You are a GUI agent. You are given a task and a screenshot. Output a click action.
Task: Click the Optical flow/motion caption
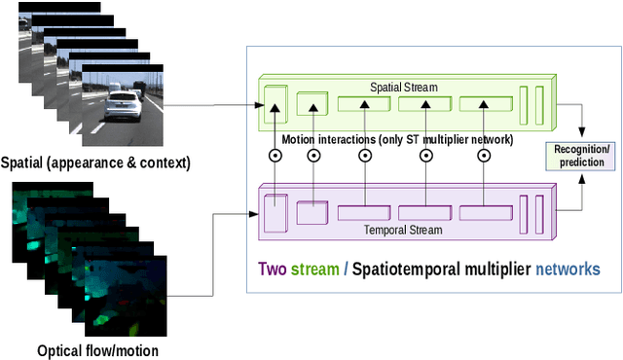pos(96,350)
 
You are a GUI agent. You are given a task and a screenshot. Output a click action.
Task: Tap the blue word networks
pos(568,269)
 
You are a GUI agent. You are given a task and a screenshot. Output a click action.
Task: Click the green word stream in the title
pos(314,269)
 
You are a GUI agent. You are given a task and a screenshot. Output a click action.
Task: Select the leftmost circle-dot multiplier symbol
pos(276,155)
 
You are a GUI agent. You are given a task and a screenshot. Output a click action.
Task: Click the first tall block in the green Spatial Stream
pos(277,104)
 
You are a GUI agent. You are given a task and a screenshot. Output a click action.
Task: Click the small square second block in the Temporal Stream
pos(311,212)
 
